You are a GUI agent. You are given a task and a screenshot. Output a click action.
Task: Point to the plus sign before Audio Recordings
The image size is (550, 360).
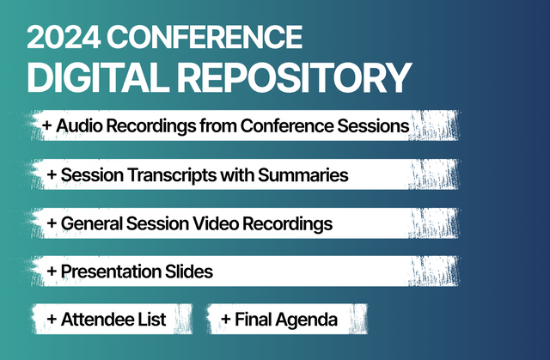coord(46,126)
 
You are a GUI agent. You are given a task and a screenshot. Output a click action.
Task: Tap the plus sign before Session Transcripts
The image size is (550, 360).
coord(53,175)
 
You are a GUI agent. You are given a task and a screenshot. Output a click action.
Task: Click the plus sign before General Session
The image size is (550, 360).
coord(53,223)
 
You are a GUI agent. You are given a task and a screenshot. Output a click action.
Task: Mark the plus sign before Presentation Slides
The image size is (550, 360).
coord(53,272)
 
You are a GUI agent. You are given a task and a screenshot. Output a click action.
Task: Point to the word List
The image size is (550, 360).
coord(151,320)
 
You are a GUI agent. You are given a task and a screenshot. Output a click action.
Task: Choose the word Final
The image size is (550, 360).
coord(253,320)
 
